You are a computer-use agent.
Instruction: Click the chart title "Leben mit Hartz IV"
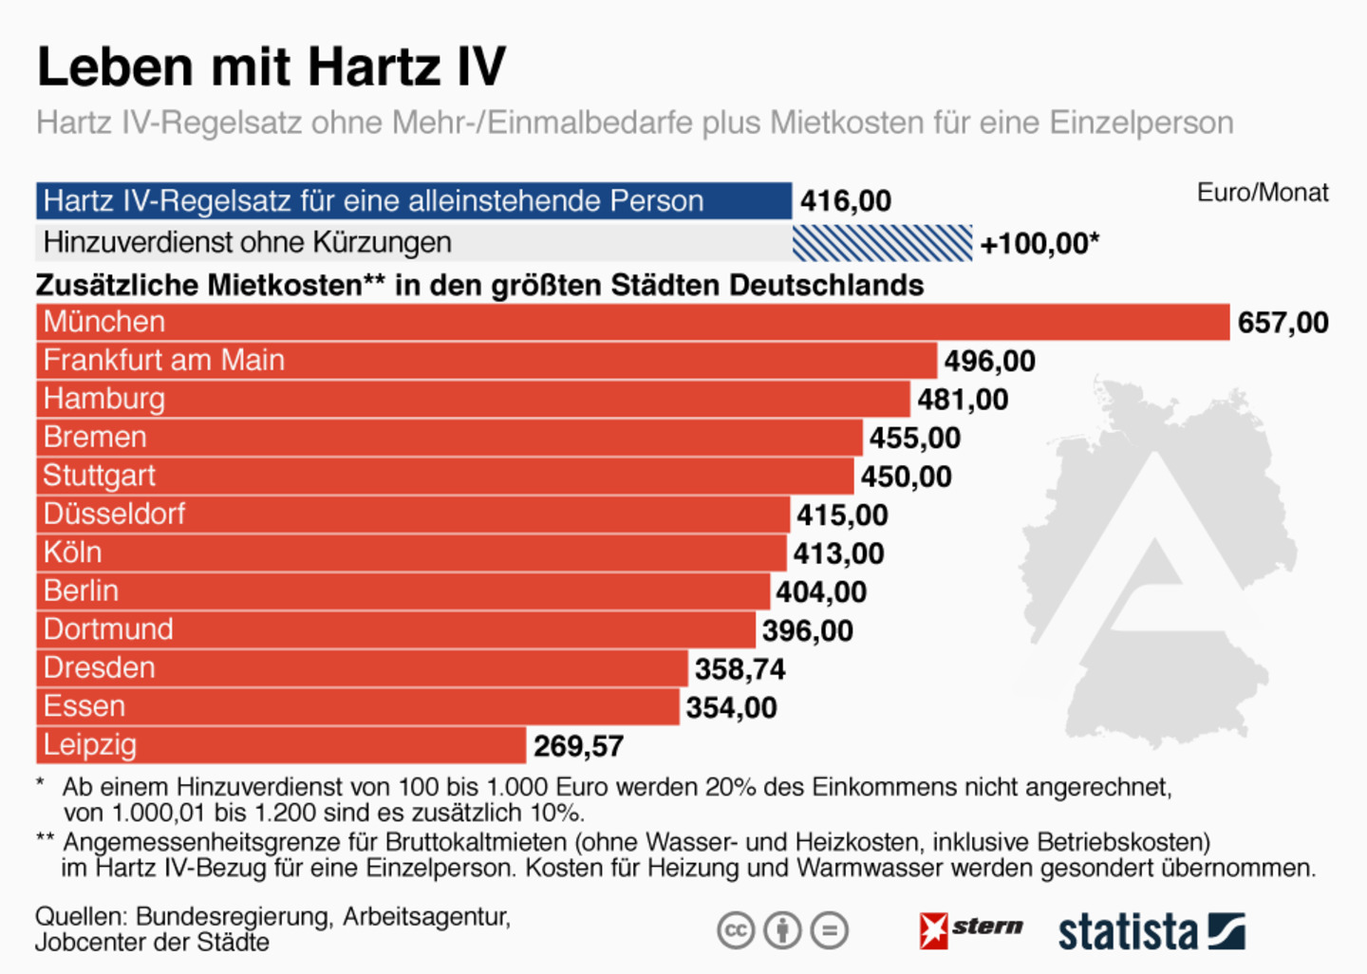pyautogui.click(x=272, y=66)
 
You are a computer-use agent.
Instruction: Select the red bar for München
pyautogui.click(x=633, y=322)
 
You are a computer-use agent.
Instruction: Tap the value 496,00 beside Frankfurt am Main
pyautogui.click(x=990, y=362)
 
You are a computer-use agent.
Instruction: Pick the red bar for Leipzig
pyautogui.click(x=281, y=745)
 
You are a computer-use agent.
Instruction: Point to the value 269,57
pyautogui.click(x=578, y=746)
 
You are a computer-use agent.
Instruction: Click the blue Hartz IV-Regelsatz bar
pyautogui.click(x=414, y=201)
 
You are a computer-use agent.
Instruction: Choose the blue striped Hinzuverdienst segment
pyautogui.click(x=883, y=243)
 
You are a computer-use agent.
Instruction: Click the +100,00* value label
pyautogui.click(x=1039, y=243)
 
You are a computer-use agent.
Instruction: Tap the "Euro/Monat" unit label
pyautogui.click(x=1263, y=193)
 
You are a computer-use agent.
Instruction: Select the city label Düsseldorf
pyautogui.click(x=114, y=514)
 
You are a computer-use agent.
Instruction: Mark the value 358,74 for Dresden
pyautogui.click(x=740, y=669)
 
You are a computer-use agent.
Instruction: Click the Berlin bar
pyautogui.click(x=403, y=591)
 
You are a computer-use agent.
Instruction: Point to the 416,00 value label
pyautogui.click(x=846, y=201)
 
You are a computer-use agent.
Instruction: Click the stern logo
pyautogui.click(x=970, y=930)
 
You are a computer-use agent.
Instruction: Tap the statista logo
pyautogui.click(x=1152, y=932)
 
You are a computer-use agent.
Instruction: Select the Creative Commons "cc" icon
pyautogui.click(x=736, y=930)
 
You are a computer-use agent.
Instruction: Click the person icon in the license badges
pyautogui.click(x=782, y=930)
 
